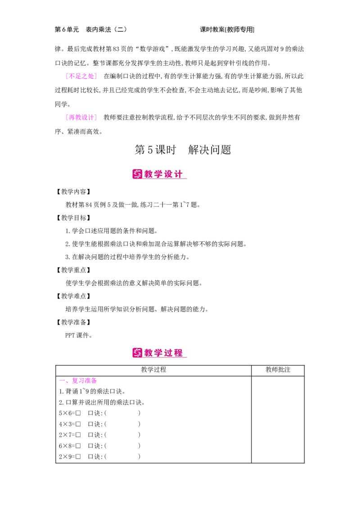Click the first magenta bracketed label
tap(81, 76)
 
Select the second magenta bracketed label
tap(81, 117)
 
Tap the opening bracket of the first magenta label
tap(67, 76)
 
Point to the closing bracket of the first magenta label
tap(95, 76)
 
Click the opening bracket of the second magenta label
tap(67, 117)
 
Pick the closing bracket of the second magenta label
tap(95, 117)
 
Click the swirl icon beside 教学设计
tap(137, 174)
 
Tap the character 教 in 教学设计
tap(149, 174)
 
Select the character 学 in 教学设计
tap(159, 174)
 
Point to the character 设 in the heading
tap(169, 174)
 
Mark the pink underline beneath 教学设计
tap(164, 179)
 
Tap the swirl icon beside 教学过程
tap(137, 353)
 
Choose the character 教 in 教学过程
tap(149, 353)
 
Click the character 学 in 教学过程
tap(159, 353)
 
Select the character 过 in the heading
tap(169, 353)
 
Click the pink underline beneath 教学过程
tap(164, 357)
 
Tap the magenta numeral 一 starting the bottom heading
tap(62, 380)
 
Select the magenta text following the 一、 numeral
tap(84, 381)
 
